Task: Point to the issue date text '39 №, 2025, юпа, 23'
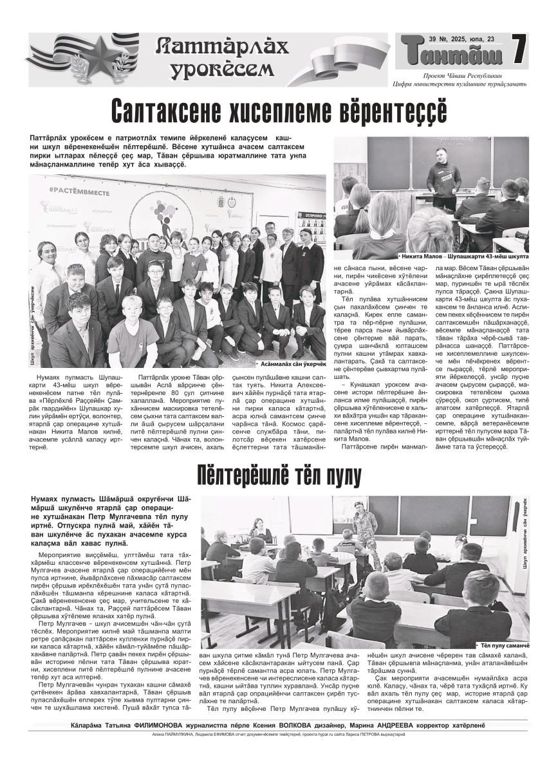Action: click(x=462, y=39)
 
